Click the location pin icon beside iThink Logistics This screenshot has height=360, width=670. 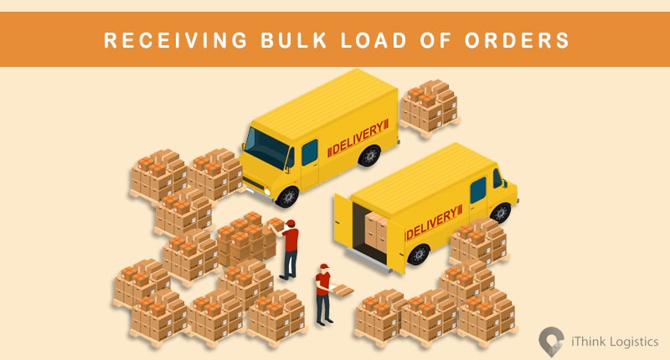coord(551,339)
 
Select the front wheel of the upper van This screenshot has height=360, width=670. coord(287,196)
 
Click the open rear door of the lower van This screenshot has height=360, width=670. coord(343,224)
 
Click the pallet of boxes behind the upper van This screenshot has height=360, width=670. coord(428,106)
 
